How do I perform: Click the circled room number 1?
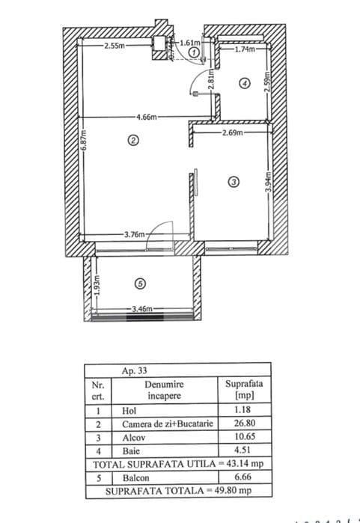195,54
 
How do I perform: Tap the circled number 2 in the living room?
133,140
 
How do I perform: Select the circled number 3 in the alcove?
234,181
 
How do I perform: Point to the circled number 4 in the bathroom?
244,84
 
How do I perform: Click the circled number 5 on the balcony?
142,283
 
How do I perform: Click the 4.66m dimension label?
147,117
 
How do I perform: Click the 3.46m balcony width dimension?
141,308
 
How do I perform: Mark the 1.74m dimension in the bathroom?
245,50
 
